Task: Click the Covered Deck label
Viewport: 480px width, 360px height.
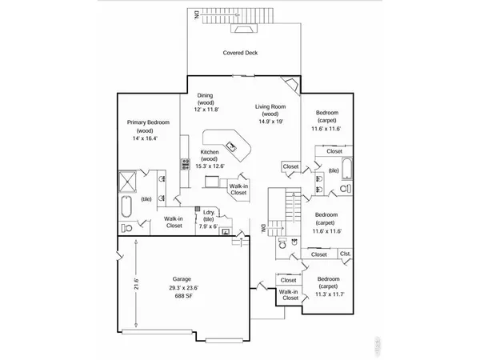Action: pos(239,54)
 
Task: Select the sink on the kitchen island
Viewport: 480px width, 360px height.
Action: pos(232,145)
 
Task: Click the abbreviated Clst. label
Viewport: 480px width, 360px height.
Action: pos(345,254)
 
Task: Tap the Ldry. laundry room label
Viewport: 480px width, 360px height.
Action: pos(209,212)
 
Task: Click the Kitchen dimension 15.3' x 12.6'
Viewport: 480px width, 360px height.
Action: pos(209,166)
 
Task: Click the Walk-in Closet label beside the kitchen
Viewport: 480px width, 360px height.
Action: pos(238,189)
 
